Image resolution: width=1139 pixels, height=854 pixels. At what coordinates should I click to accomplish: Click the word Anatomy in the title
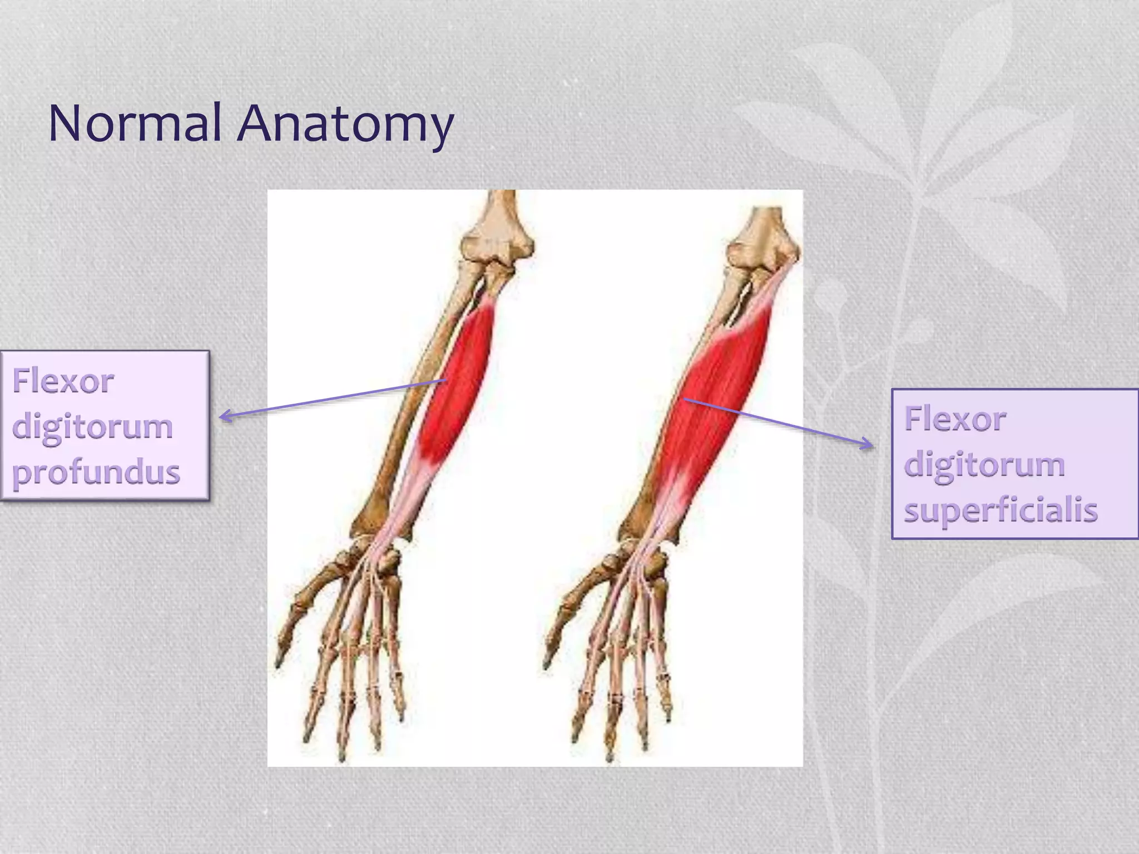coord(345,125)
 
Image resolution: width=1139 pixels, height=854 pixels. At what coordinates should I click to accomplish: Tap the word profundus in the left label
coord(96,473)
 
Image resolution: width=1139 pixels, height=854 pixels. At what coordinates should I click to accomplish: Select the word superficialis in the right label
coord(1001,510)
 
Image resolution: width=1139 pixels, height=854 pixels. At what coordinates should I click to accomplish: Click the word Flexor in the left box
coord(63,381)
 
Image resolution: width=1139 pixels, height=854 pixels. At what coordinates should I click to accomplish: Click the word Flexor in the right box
coord(955,419)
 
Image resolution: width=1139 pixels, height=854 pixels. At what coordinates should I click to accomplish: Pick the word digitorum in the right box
coord(984,465)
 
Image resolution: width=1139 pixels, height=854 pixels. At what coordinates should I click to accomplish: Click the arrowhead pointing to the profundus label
coord(224,415)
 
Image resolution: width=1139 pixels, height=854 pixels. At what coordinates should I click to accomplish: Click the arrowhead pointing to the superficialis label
coord(869,444)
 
